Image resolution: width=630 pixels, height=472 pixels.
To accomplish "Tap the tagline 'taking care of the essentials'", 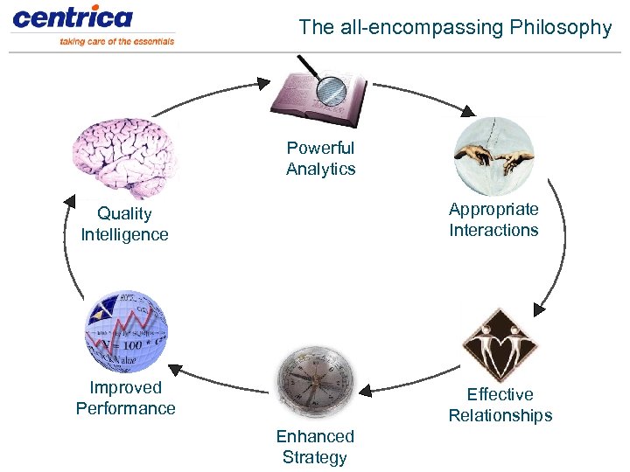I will pos(116,41).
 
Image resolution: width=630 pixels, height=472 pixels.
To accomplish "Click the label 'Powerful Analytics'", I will pos(320,158).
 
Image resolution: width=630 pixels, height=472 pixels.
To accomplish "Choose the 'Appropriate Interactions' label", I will pos(493,219).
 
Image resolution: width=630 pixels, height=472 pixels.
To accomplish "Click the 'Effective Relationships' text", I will pos(500,405).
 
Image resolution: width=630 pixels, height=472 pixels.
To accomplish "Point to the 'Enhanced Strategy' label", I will pos(315,447).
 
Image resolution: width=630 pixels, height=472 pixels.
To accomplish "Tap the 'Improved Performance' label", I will pos(126,398).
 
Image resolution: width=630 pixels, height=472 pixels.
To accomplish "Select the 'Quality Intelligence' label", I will pos(124,224).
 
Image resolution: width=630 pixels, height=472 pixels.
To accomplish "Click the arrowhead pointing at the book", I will pos(264,84).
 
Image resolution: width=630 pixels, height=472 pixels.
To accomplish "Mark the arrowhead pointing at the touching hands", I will pos(468,111).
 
